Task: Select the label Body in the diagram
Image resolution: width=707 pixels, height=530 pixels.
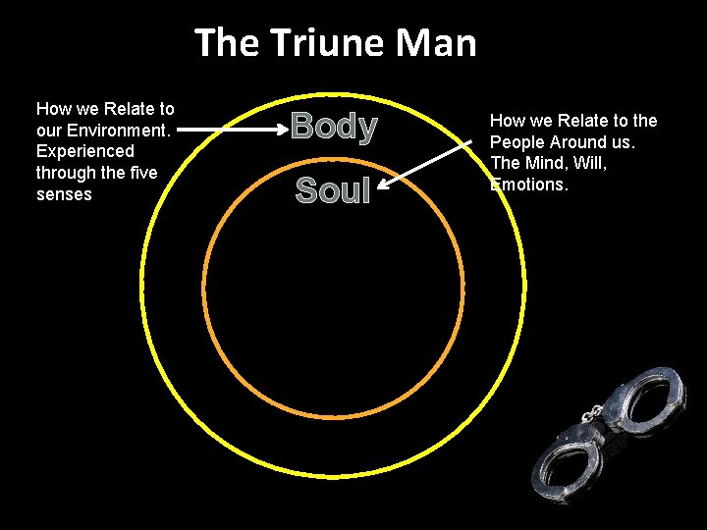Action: pos(334,128)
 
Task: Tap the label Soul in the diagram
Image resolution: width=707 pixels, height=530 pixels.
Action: pos(333,190)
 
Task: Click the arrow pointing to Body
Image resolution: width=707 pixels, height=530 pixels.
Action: pos(230,129)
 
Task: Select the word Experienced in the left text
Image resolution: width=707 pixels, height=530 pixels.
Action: pos(84,151)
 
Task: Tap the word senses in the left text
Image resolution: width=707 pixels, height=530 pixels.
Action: pos(64,194)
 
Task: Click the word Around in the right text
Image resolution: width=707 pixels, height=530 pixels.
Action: pos(577,142)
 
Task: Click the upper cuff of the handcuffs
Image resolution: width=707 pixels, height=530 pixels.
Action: pos(642,395)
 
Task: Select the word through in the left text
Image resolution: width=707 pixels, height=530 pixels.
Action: pos(65,173)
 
